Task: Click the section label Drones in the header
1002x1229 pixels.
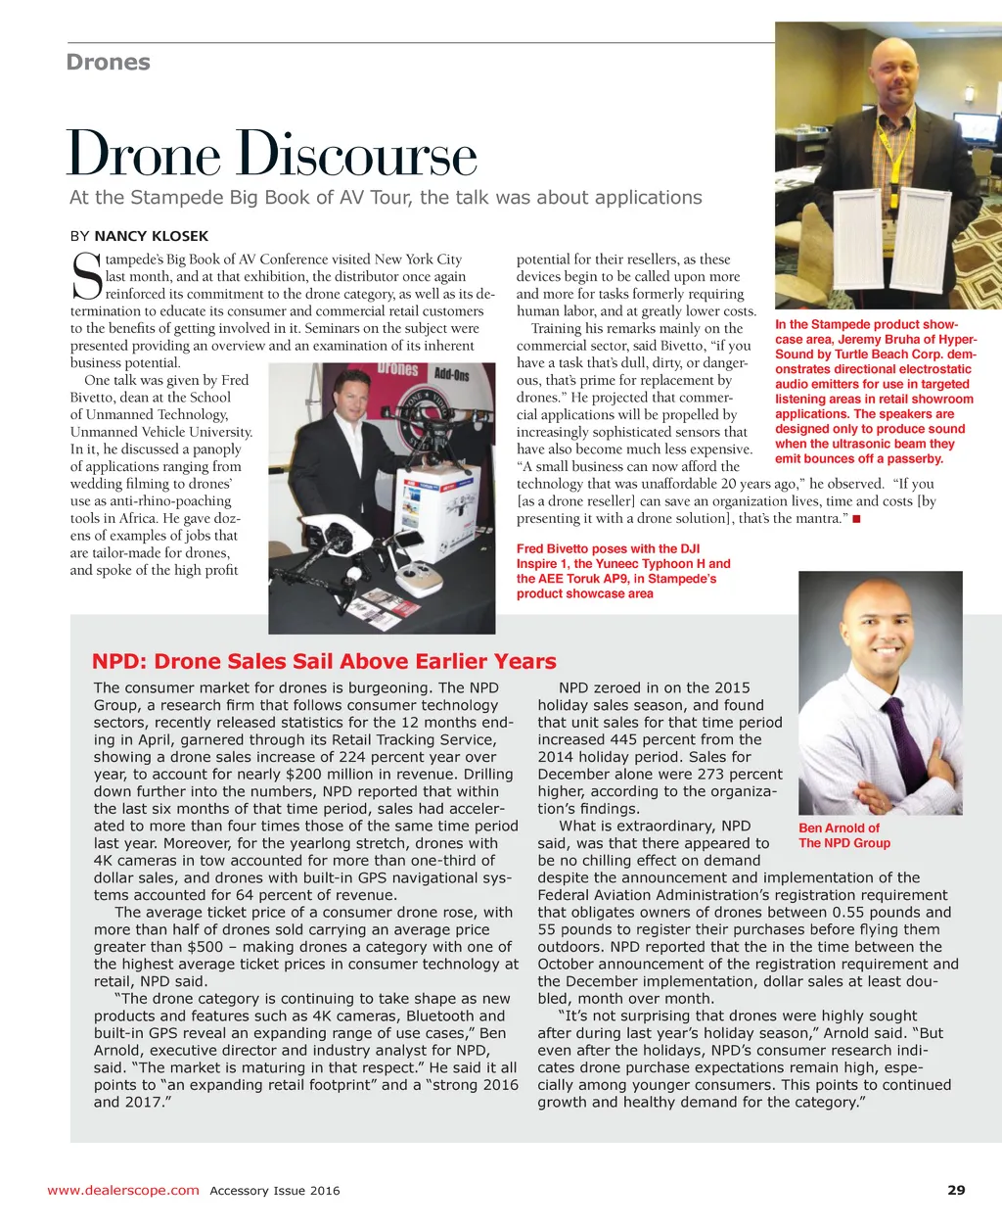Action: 108,62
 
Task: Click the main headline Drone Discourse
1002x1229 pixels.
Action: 271,155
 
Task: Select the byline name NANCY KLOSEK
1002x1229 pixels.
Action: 151,236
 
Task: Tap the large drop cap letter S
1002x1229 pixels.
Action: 86,276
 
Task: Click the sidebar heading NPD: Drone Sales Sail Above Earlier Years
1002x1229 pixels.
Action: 324,661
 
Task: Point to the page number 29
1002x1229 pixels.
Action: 956,1190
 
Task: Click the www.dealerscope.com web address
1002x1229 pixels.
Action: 122,1190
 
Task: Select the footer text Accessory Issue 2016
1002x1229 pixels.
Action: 275,1191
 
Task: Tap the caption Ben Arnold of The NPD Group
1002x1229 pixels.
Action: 843,835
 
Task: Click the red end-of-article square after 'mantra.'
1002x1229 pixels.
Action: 856,518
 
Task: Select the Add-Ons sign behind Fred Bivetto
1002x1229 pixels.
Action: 451,374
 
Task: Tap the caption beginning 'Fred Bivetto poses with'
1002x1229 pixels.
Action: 623,571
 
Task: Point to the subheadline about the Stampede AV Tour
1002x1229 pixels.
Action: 386,197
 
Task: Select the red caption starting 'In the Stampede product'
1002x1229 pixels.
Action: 875,392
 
